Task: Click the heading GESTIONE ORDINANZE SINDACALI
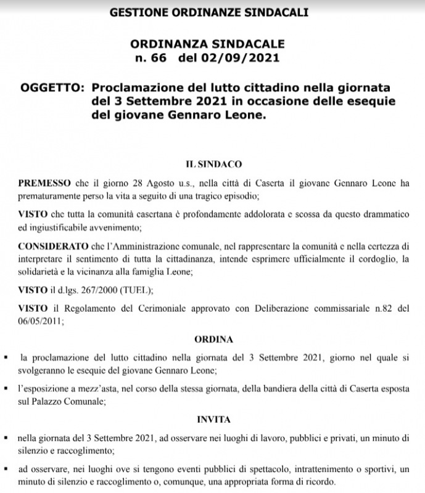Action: pyautogui.click(x=209, y=12)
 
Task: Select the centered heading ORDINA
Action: pyautogui.click(x=213, y=340)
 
